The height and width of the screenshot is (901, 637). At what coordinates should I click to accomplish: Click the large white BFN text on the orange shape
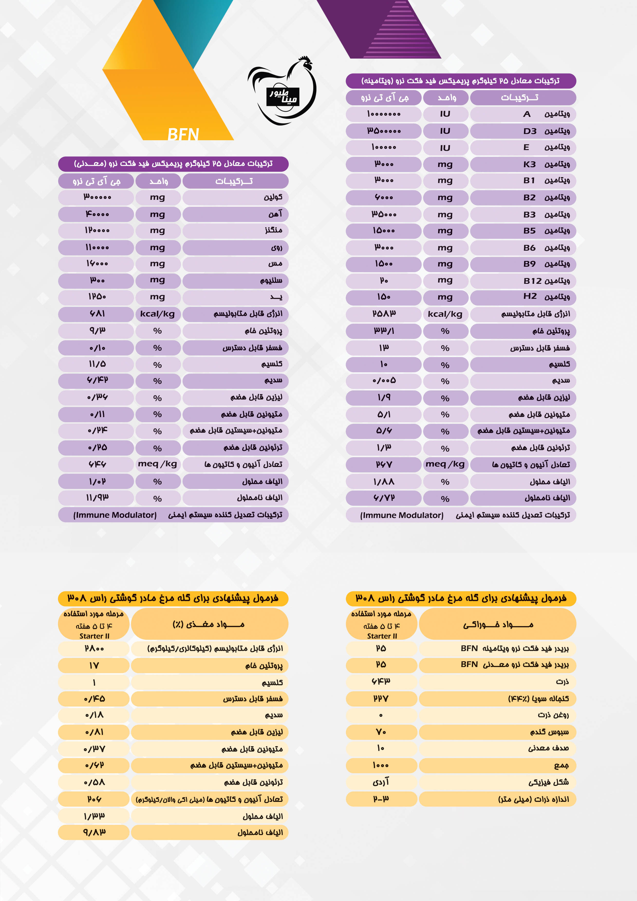pyautogui.click(x=183, y=134)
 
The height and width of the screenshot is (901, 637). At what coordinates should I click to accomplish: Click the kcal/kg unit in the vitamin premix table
pyautogui.click(x=445, y=314)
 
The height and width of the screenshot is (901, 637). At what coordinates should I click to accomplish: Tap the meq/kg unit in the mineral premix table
pyautogui.click(x=157, y=464)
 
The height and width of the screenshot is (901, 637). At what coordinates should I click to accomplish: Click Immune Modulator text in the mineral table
pyautogui.click(x=115, y=515)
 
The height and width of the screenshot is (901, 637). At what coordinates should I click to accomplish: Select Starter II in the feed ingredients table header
pyautogui.click(x=382, y=636)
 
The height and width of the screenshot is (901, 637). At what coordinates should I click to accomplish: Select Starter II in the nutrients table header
pyautogui.click(x=94, y=636)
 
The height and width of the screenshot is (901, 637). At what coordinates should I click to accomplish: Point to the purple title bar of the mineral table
pyautogui.click(x=173, y=164)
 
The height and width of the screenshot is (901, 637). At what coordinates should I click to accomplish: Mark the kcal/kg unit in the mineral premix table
pyautogui.click(x=157, y=314)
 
